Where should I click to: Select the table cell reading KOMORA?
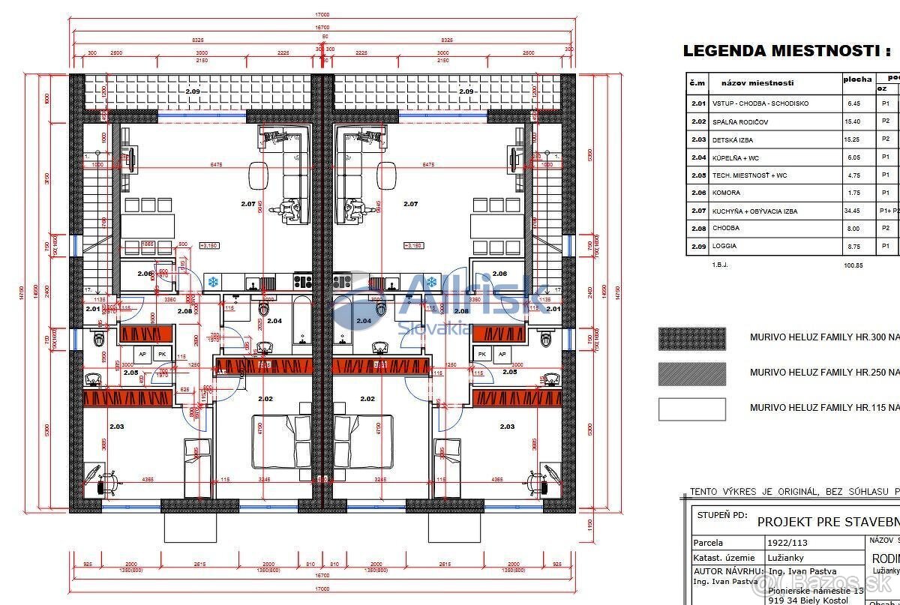coord(726,193)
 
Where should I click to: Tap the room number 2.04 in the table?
coord(698,157)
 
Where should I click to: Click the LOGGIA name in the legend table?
coord(724,246)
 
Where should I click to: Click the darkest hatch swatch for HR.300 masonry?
coord(691,339)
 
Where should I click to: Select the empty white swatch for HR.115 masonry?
coord(691,409)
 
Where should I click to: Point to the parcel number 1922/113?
coord(782,543)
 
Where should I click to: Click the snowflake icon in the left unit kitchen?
coord(213,282)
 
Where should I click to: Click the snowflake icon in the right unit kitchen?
coord(431,282)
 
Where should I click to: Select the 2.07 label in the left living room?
coord(247,204)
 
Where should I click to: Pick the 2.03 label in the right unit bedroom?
coord(507,427)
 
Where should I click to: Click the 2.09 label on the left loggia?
coord(193,91)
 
